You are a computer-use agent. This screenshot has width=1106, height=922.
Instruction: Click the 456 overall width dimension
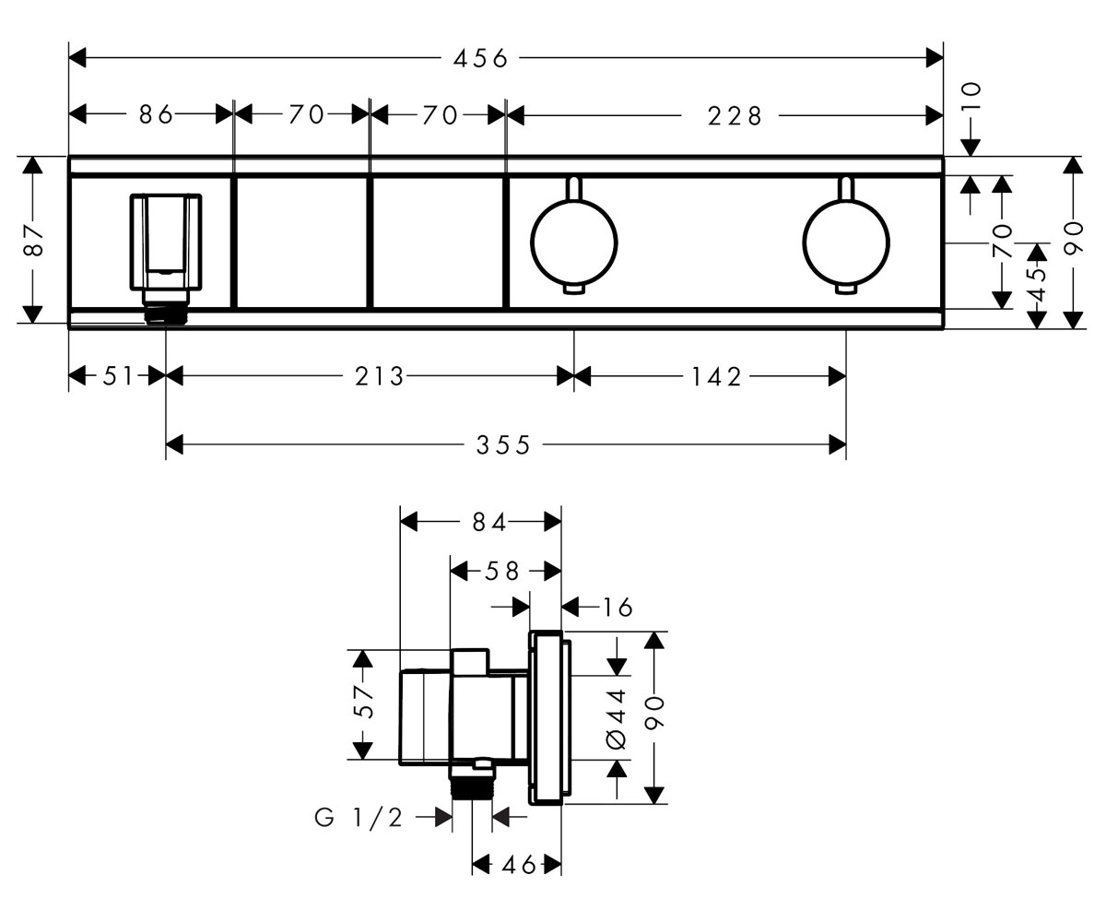click(480, 58)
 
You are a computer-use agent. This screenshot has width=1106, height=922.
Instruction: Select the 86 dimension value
click(156, 114)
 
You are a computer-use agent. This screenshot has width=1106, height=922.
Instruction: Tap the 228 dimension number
click(735, 116)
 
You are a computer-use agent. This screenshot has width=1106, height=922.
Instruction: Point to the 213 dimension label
click(379, 377)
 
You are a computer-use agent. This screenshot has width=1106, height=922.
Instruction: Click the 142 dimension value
click(716, 377)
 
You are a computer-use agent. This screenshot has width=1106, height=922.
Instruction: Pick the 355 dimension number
click(502, 445)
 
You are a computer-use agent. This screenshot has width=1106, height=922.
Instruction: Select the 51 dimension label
click(118, 376)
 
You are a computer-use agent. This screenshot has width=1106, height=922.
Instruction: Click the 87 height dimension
click(34, 240)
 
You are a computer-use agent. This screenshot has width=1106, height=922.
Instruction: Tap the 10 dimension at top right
click(971, 96)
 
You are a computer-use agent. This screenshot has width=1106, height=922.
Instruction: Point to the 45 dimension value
click(1037, 284)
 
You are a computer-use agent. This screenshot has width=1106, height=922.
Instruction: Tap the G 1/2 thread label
click(359, 818)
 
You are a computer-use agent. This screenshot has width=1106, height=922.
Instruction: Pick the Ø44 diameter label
click(616, 719)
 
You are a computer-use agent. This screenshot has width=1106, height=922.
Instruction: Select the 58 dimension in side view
click(501, 572)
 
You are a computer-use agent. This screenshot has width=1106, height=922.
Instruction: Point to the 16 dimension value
click(618, 608)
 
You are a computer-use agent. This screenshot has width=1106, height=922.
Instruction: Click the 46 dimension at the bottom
click(518, 866)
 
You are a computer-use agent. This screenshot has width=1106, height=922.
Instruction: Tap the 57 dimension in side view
click(364, 702)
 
